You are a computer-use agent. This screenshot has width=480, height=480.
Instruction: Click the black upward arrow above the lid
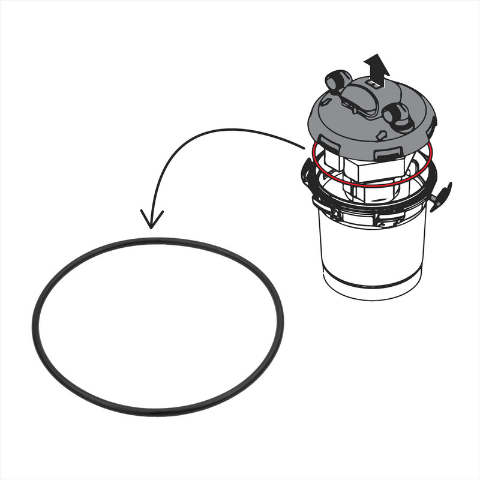pyautogui.click(x=377, y=65)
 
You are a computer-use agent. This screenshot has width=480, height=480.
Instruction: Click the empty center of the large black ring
pyautogui.click(x=157, y=327)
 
